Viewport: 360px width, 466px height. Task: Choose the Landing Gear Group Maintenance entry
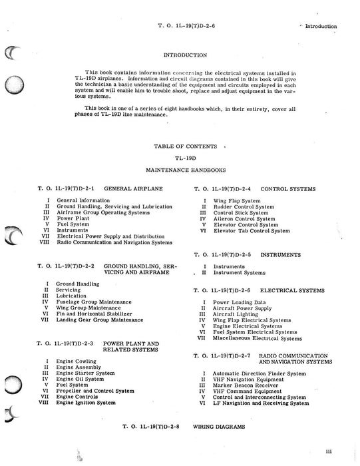(x=99, y=320)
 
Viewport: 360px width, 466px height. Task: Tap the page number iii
(x=338, y=451)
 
